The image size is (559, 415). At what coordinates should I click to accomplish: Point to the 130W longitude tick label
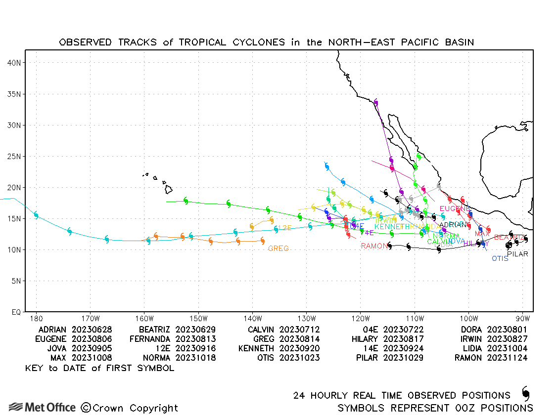point(306,318)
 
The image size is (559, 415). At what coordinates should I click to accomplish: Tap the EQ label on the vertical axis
point(15,312)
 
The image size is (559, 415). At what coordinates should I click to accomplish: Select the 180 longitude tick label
point(36,318)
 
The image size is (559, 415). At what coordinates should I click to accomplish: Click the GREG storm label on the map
point(279,249)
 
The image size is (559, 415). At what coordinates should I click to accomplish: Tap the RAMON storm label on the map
point(374,246)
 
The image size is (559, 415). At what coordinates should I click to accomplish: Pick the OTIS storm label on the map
point(500,258)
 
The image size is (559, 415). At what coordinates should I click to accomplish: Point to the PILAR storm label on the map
point(517,254)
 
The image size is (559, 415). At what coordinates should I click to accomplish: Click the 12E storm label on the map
point(284,228)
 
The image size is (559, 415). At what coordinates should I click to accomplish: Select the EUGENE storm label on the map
point(455,209)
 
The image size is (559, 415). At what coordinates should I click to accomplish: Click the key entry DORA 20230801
point(494,330)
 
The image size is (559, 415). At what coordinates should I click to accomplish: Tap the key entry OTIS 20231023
point(288,358)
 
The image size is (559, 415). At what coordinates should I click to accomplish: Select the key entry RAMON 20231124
point(491,358)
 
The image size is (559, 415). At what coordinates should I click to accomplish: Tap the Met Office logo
point(43,408)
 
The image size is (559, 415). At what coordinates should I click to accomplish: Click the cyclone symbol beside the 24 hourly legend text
point(525,394)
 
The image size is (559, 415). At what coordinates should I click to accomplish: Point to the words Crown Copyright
point(130,408)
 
